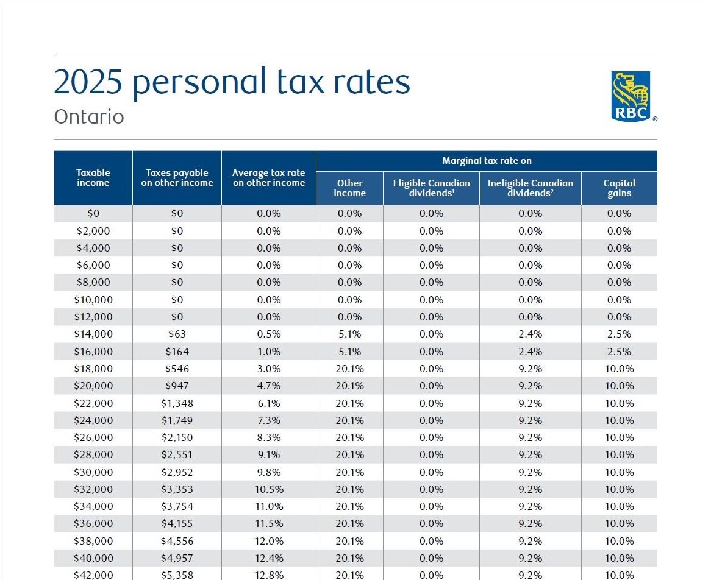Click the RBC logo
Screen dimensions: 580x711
pos(631,96)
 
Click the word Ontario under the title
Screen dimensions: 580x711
pos(89,116)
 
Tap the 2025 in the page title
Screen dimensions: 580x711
pos(88,82)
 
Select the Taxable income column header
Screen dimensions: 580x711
pos(93,178)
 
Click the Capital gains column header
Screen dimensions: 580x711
pos(619,188)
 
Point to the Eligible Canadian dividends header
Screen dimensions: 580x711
pos(431,188)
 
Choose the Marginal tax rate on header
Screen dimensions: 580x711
pos(487,161)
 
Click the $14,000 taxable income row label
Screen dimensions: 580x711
pos(93,334)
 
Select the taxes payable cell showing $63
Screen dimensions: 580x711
pos(177,334)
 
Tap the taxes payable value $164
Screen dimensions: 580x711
pos(177,352)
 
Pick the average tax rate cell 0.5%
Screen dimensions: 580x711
pos(268,334)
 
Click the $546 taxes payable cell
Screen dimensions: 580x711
pos(177,369)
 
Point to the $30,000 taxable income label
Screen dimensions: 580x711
pos(93,472)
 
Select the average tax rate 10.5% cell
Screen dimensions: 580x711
pos(268,489)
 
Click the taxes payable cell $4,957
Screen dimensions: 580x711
pos(177,558)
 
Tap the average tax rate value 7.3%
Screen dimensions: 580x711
pos(268,420)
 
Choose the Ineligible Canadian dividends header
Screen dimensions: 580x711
pos(530,188)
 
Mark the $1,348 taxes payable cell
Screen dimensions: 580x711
pos(177,403)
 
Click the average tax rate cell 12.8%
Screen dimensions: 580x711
pos(268,575)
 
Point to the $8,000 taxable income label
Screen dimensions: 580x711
pos(93,282)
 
